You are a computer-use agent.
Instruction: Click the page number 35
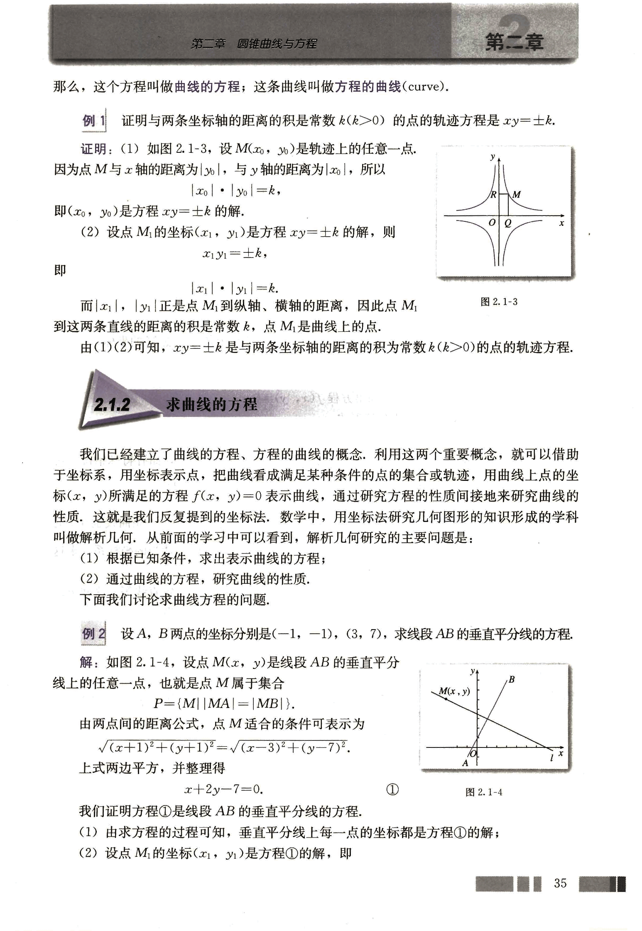point(560,883)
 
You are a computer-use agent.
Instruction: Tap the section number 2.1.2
point(112,404)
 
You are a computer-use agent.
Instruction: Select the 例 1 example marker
point(94,121)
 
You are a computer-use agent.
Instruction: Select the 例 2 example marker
point(93,634)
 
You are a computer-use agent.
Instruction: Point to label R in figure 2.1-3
point(493,194)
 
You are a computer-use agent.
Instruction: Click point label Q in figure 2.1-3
point(507,223)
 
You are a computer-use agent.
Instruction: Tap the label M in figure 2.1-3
point(516,194)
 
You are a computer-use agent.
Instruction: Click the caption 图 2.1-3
point(499,302)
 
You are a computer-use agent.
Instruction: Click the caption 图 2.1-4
point(484,792)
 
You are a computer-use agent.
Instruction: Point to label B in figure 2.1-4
point(512,679)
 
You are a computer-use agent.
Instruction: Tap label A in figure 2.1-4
point(465,763)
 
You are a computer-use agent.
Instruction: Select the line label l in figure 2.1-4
point(551,758)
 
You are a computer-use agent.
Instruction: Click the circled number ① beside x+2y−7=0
point(392,789)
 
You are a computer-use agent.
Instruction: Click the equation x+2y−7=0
point(224,789)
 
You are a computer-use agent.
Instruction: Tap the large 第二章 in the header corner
point(514,42)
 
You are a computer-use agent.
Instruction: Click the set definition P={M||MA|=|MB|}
point(224,703)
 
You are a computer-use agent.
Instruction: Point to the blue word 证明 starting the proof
point(93,149)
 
